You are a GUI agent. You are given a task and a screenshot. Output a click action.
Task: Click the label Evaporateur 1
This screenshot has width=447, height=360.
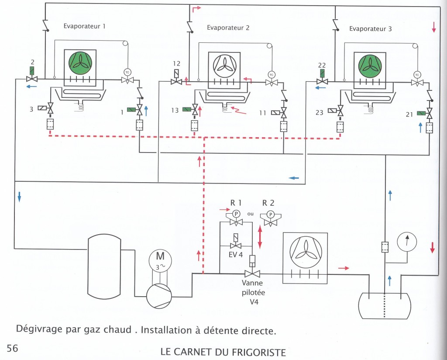pos(84,26)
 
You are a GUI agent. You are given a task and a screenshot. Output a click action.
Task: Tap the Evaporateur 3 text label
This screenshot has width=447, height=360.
pos(370,29)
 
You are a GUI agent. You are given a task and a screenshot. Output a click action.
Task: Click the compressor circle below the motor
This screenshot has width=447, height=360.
pos(159,296)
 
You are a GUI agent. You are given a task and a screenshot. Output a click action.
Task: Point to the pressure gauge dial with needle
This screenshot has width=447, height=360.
pos(406,242)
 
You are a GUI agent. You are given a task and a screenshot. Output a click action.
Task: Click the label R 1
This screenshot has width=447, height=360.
pos(236,203)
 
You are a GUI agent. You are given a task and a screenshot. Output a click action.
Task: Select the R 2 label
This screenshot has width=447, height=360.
pos(268,203)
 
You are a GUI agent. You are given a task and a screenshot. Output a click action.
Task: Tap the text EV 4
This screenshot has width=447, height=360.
pos(236,254)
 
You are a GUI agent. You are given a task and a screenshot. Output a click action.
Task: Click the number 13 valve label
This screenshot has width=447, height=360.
pos(175,111)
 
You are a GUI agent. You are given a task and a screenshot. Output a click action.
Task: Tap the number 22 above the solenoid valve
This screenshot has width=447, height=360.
pos(322,66)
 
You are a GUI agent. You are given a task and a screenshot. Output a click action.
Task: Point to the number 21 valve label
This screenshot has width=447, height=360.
pos(409,114)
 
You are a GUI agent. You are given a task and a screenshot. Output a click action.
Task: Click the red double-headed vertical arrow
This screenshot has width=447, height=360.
pos(260,237)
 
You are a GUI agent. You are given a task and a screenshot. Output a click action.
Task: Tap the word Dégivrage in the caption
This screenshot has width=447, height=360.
pos(39,329)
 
